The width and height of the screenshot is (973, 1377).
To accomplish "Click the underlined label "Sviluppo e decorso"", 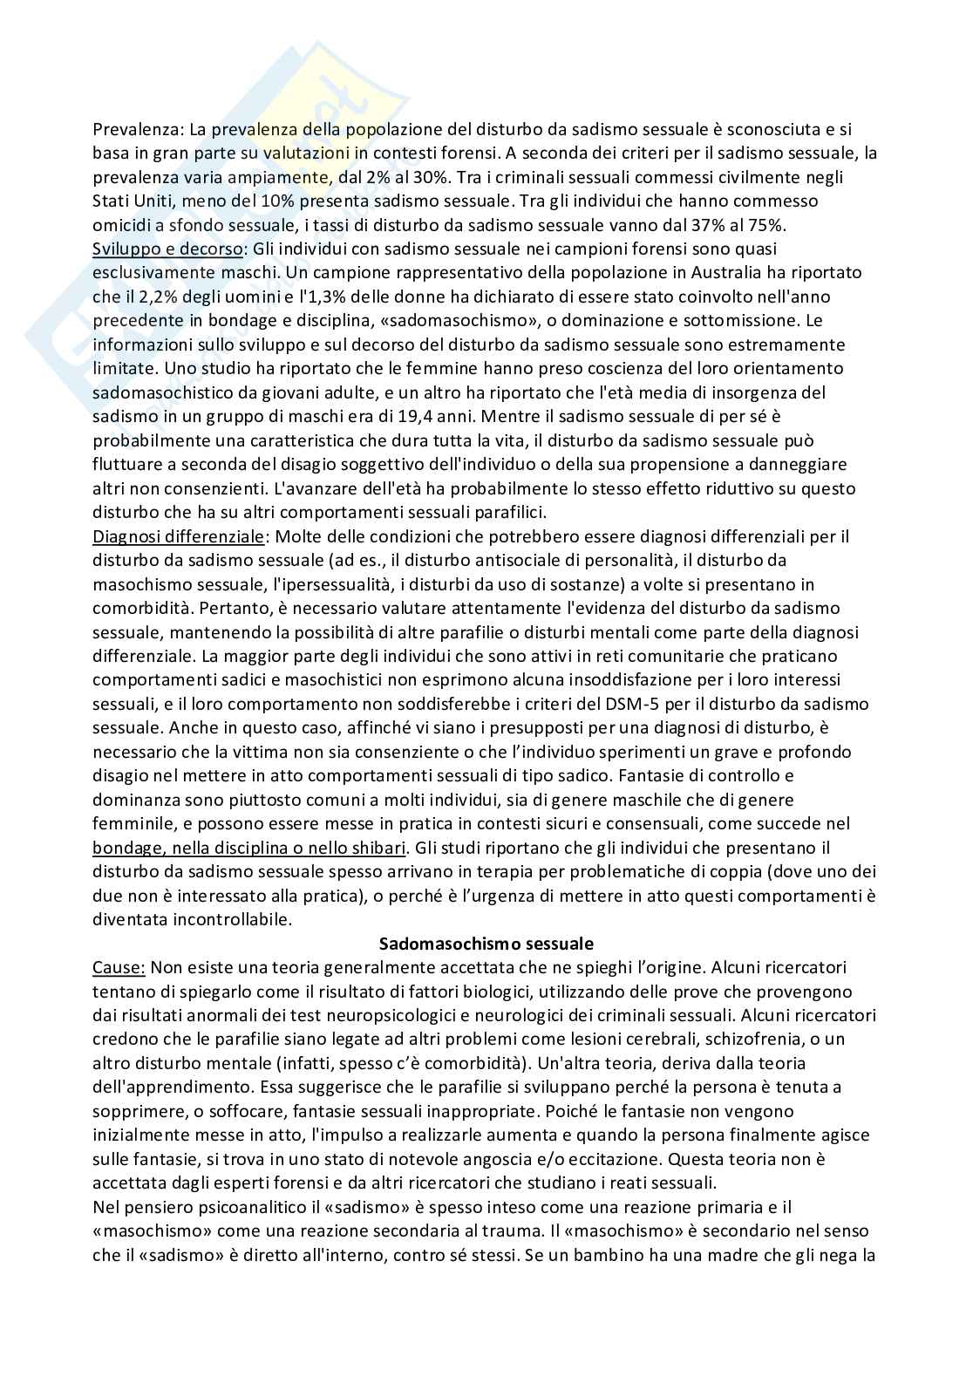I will [167, 249].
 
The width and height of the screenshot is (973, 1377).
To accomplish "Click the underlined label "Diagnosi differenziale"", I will [178, 536].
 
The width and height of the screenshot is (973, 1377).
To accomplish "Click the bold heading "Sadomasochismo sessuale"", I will [486, 943].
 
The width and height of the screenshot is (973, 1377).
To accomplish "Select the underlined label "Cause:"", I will [119, 967].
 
